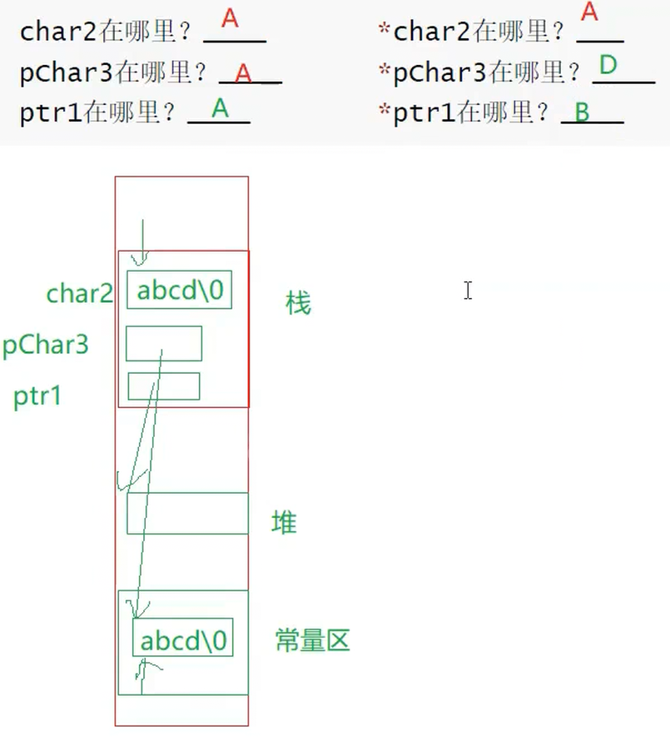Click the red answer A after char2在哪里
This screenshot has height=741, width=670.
pyautogui.click(x=230, y=20)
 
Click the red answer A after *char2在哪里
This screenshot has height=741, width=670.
pyautogui.click(x=589, y=13)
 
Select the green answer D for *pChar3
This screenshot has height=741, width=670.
pyautogui.click(x=608, y=65)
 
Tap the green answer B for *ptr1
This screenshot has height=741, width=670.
pyautogui.click(x=582, y=112)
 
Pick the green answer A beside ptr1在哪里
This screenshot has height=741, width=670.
pyautogui.click(x=220, y=108)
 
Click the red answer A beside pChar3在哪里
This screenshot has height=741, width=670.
pyautogui.click(x=243, y=73)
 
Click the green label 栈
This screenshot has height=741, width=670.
pyautogui.click(x=298, y=304)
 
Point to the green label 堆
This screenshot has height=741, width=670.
pyautogui.click(x=284, y=523)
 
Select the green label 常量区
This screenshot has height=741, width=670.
pyautogui.click(x=313, y=640)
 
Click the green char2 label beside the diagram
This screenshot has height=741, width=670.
pyautogui.click(x=80, y=294)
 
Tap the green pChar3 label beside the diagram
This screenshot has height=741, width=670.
pyautogui.click(x=46, y=345)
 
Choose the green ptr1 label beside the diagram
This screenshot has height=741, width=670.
pyautogui.click(x=37, y=396)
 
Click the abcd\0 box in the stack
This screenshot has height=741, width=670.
pyautogui.click(x=179, y=291)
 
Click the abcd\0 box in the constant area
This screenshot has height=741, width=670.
pyautogui.click(x=182, y=640)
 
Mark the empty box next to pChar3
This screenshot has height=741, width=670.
pyautogui.click(x=164, y=343)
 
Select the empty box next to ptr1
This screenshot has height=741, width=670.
pyautogui.click(x=163, y=385)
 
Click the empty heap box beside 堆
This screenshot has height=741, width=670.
pyautogui.click(x=187, y=513)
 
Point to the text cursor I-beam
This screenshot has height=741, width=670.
pyautogui.click(x=468, y=290)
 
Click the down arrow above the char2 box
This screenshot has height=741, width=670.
pyautogui.click(x=142, y=242)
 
